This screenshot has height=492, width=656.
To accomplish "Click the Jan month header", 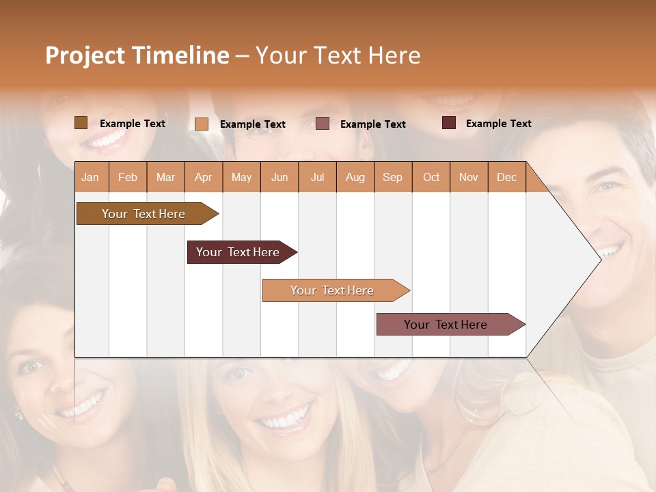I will pos(90,178).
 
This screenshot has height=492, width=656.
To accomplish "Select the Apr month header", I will pos(203,178).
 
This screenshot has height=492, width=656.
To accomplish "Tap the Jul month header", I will pos(317,178).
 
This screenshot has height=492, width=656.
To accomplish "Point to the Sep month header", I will pos(392,178).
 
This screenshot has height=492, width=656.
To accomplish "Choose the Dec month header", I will pos(506,178).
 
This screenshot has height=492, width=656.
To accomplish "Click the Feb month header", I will pos(128,178).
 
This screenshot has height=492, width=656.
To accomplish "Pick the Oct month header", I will pos(431,178).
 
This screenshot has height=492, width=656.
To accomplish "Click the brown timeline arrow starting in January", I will pos(143,214).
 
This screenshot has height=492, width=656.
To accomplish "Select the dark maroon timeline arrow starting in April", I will pos(238,252).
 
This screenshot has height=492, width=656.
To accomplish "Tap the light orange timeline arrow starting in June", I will pos(332,290).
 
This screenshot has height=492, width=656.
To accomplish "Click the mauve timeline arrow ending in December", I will pos(446,325).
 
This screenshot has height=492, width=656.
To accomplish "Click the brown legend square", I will pos(81,123).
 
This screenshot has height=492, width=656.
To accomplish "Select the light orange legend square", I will pos(202,124).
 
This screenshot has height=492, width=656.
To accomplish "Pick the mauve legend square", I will pos(323,123).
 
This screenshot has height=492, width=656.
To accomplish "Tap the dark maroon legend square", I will pos(449,123).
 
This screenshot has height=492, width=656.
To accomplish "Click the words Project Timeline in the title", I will pos(137,55).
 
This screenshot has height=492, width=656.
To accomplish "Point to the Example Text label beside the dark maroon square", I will pos(498,124).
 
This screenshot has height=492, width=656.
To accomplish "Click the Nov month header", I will pos(468,178).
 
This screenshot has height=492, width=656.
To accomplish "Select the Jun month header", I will pos(279,178).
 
